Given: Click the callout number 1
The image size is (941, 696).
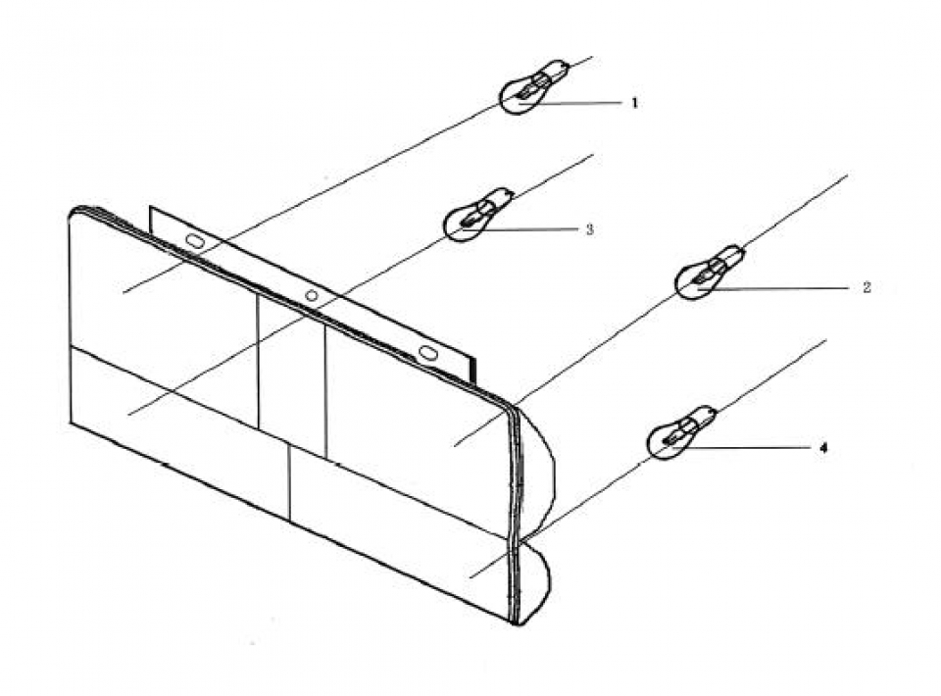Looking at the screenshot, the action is [634, 103].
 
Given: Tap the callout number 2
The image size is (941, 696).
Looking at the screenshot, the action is [866, 288].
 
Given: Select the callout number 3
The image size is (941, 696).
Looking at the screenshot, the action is [589, 229].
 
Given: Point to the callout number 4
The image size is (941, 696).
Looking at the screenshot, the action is [823, 448].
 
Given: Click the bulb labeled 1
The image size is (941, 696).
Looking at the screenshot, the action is [533, 87].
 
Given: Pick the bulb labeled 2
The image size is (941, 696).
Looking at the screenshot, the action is [710, 273].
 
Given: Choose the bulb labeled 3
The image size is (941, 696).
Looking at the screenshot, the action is [477, 215].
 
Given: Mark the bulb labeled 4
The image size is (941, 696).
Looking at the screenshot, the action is [681, 432].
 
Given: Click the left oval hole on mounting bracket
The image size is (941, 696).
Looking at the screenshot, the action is [195, 241].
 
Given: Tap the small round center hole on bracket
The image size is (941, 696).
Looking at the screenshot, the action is [312, 295].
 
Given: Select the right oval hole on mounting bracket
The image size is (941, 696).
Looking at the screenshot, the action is [428, 352].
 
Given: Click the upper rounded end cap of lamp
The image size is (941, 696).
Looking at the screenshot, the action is [537, 468].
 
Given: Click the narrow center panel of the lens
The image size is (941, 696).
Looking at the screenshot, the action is [291, 375].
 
